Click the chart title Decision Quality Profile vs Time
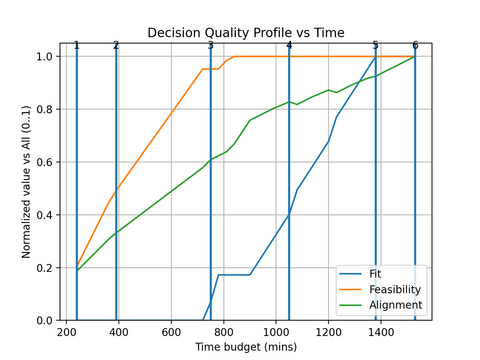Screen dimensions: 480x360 (x=246, y=33)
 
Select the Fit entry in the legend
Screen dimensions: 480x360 (x=375, y=274)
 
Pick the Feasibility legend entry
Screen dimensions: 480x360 (x=395, y=289)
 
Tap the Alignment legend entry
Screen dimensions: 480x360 (x=396, y=305)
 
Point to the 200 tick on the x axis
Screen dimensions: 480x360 (x=66, y=333)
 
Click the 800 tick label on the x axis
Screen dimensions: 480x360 (x=224, y=333)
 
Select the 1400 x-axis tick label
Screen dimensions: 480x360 (x=381, y=333)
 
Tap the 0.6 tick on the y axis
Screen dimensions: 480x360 (x=45, y=162)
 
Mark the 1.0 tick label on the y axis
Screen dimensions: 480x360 (x=45, y=57)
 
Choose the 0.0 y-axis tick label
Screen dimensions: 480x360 (x=45, y=321)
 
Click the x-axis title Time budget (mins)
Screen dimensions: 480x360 (x=246, y=347)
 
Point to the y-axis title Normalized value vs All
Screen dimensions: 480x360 (x=26, y=182)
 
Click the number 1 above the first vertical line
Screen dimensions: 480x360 (x=76, y=45)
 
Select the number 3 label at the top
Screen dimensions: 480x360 (x=210, y=45)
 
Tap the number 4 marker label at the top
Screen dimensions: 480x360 (x=289, y=45)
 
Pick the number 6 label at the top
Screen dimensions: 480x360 (x=415, y=45)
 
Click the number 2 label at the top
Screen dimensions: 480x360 (x=116, y=45)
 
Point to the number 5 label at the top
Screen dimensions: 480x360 (x=375, y=45)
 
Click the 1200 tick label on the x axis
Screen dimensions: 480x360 (x=328, y=333)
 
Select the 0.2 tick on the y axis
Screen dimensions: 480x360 (x=45, y=268)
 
